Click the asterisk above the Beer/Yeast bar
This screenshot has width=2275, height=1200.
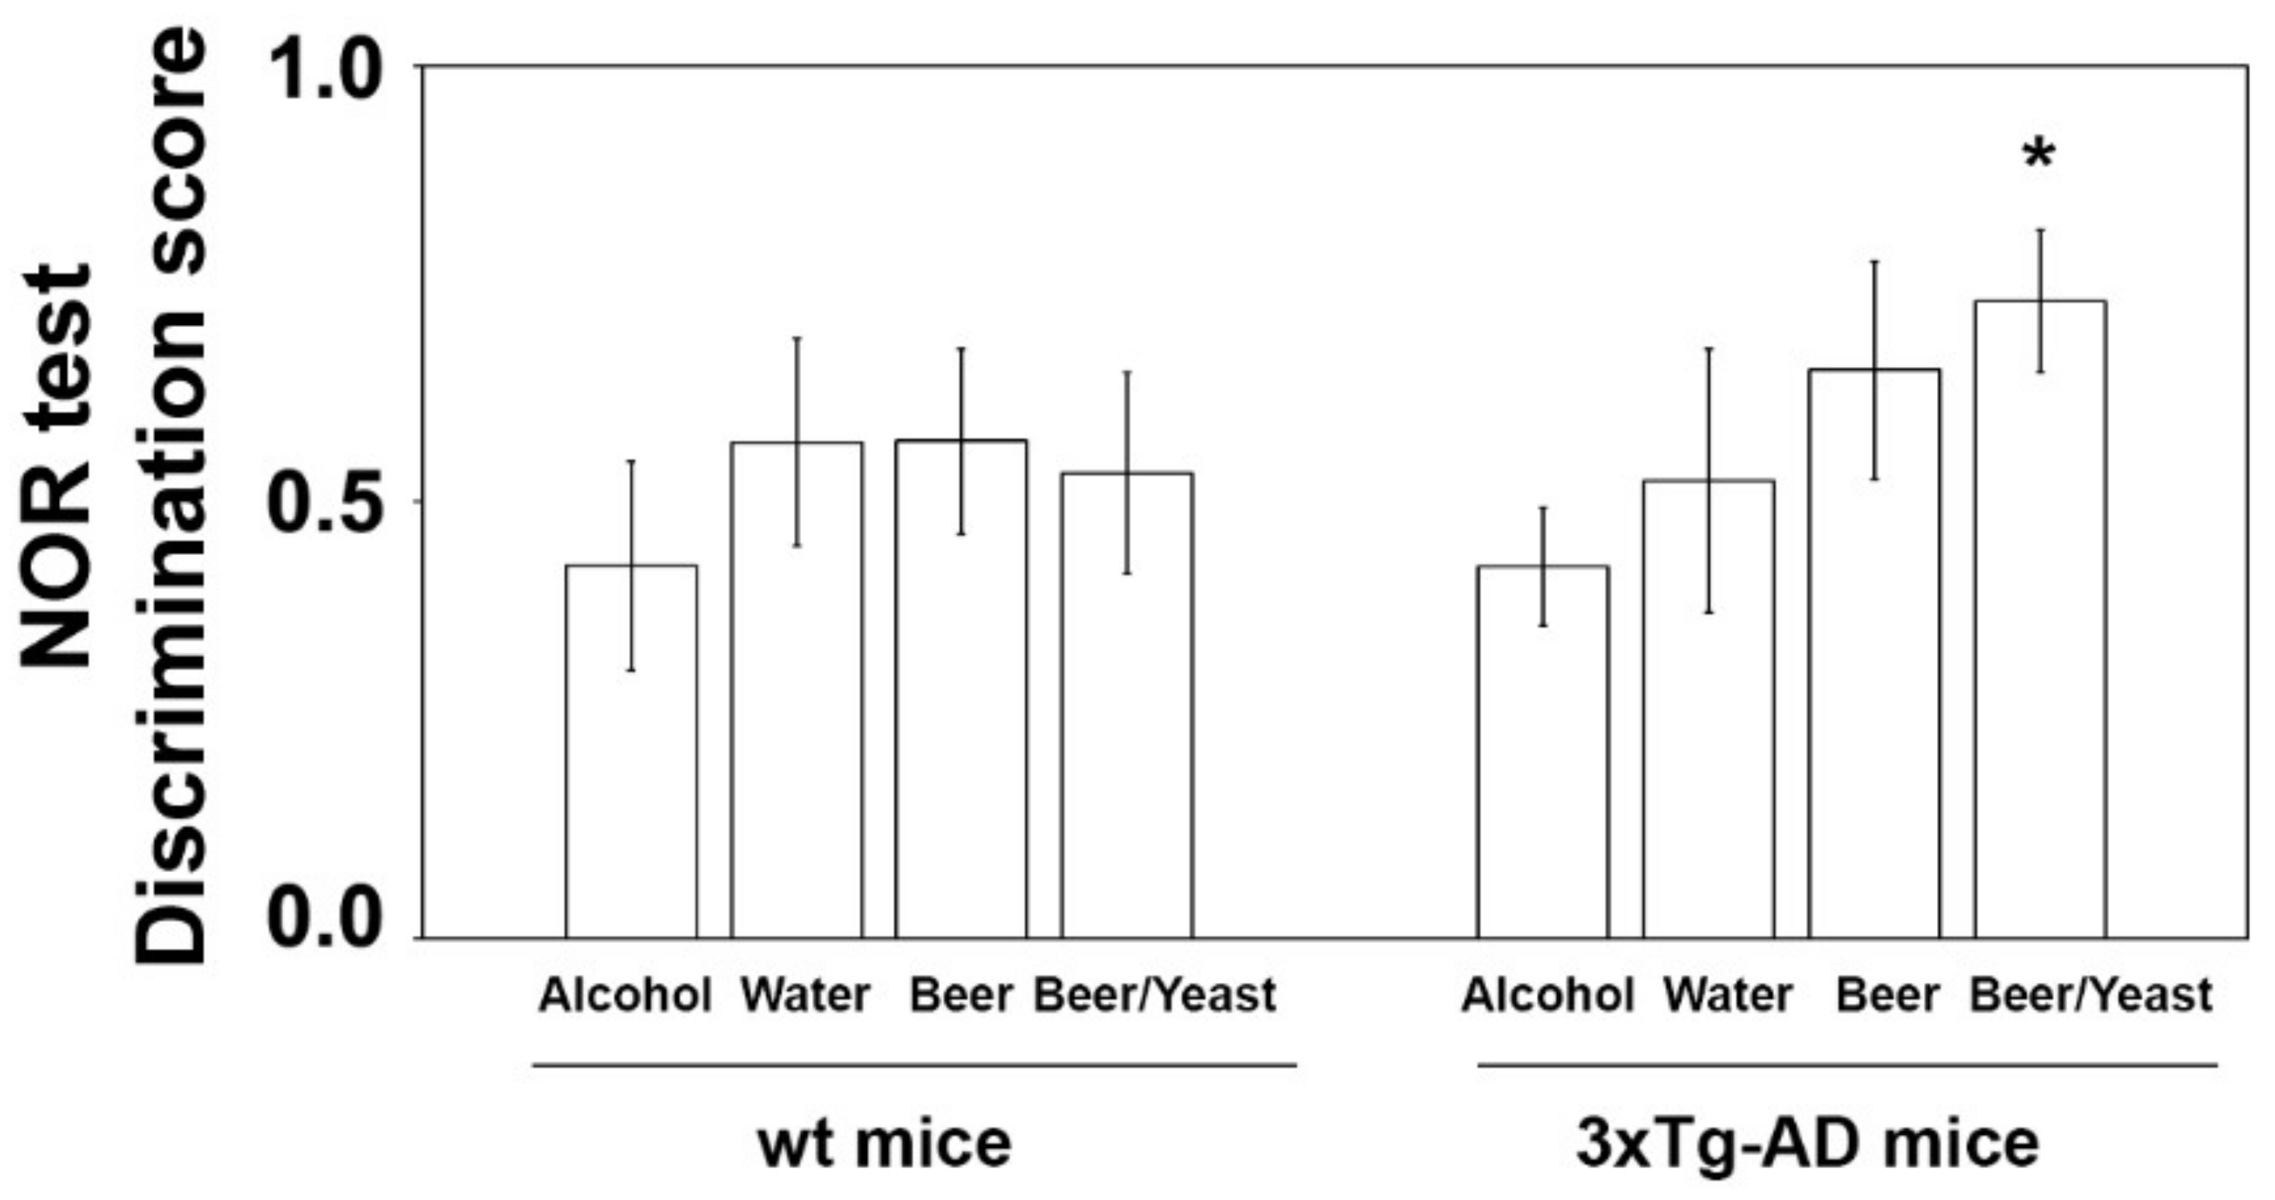(x=2039, y=157)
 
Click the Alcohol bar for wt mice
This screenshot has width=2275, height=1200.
(x=630, y=750)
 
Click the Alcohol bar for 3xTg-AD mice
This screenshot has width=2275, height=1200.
(x=1543, y=750)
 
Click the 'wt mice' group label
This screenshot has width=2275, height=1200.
(x=885, y=1144)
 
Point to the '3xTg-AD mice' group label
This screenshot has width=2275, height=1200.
(x=1807, y=1144)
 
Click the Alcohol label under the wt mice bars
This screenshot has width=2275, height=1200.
(x=624, y=996)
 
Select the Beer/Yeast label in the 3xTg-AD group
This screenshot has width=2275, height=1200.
(x=2090, y=996)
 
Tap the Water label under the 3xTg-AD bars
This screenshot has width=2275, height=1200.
(x=1728, y=996)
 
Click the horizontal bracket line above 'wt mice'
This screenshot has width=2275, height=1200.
(x=914, y=1066)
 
